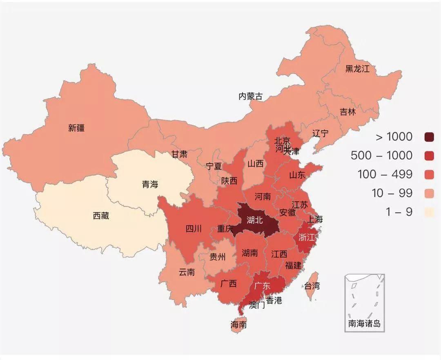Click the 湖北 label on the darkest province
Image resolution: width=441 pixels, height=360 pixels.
(x=255, y=220)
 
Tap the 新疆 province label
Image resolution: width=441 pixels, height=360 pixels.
(x=76, y=128)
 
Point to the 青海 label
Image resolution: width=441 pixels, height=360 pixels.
(x=150, y=184)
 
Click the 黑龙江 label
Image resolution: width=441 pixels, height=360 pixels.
(x=357, y=69)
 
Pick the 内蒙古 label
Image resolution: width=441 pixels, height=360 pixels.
(x=250, y=97)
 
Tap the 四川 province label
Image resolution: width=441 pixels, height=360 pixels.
(x=194, y=229)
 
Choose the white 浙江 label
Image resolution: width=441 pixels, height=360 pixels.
(x=307, y=238)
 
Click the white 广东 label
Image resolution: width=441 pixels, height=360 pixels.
(x=262, y=286)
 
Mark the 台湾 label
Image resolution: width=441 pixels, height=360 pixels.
(x=312, y=286)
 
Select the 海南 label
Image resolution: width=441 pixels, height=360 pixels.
(x=238, y=325)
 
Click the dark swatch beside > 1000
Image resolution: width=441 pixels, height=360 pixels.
(x=429, y=137)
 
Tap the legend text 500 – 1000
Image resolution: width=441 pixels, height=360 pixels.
(x=381, y=156)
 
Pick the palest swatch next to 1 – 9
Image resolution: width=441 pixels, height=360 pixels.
(x=429, y=212)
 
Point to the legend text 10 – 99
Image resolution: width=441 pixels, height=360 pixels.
(x=392, y=193)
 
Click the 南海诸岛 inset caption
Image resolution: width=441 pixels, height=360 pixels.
(x=364, y=324)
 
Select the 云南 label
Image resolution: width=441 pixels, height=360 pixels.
(x=187, y=272)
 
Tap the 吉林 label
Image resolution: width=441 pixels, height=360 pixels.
(x=348, y=112)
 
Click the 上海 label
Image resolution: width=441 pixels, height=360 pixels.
(x=315, y=219)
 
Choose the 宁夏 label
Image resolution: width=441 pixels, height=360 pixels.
(x=214, y=166)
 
